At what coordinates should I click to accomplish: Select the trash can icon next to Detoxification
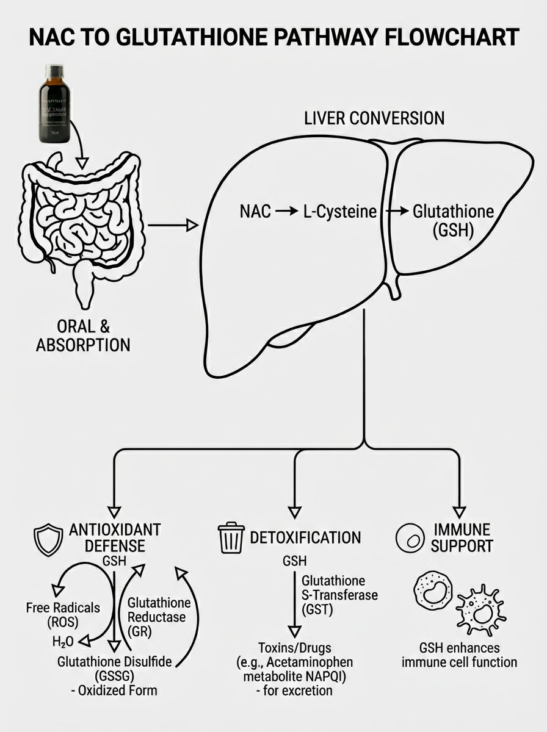click(x=231, y=537)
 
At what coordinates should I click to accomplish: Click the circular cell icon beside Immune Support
click(x=410, y=537)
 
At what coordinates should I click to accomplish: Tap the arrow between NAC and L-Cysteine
click(x=285, y=212)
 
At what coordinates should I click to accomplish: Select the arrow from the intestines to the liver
click(x=173, y=226)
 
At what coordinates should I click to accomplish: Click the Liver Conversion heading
click(x=374, y=118)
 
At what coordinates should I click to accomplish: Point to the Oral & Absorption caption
click(x=83, y=335)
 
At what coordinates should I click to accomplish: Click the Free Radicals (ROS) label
click(x=63, y=615)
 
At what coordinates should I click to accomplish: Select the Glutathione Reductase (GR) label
click(x=158, y=617)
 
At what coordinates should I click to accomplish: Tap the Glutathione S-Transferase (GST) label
click(x=339, y=594)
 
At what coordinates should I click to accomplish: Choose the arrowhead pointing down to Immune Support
click(x=459, y=512)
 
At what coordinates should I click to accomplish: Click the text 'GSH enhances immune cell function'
click(x=459, y=655)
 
